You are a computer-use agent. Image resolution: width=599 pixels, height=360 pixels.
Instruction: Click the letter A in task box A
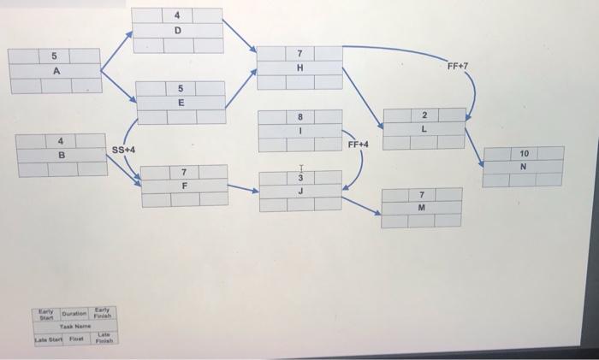[x=56, y=71]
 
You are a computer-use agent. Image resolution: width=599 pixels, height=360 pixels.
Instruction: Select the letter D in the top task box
[x=177, y=31]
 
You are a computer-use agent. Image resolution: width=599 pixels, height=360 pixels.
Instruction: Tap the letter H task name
[x=299, y=68]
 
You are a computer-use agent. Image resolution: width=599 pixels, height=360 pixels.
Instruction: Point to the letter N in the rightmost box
[x=524, y=166]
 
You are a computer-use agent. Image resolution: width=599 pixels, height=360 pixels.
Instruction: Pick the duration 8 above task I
[x=299, y=115]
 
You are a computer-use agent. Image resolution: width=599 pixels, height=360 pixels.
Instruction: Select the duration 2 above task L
[x=424, y=115]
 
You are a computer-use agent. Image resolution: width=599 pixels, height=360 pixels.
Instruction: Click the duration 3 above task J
[x=299, y=177]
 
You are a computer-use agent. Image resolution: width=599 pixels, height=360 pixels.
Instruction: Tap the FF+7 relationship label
[x=458, y=65]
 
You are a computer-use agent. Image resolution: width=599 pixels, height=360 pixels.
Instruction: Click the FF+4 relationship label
[x=358, y=145]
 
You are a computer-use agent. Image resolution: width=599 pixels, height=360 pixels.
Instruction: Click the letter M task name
[x=423, y=208]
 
